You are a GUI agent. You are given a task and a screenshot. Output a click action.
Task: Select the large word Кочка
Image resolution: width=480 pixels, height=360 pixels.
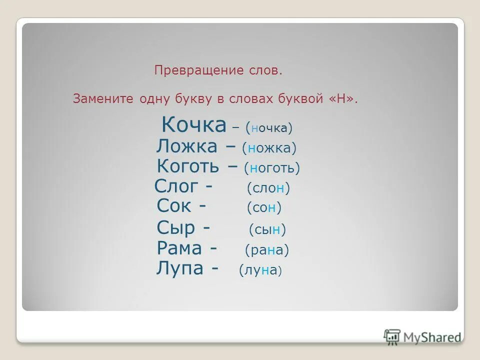[x=193, y=125]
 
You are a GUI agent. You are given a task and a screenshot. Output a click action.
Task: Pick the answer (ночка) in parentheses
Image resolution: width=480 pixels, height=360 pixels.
[x=269, y=128]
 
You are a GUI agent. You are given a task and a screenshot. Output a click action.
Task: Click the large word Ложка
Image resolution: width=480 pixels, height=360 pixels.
[x=186, y=146]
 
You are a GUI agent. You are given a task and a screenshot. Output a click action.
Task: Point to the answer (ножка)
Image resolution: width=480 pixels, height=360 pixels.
[x=269, y=148]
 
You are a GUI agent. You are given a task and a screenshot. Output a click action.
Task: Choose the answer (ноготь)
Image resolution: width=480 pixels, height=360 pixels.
[x=272, y=168]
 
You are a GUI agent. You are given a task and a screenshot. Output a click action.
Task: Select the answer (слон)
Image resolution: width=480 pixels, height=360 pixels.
[x=268, y=188]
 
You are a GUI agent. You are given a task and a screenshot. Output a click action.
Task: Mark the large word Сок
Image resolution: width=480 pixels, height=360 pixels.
[x=175, y=205]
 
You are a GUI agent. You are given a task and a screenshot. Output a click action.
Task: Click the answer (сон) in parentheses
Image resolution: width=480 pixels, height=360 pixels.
[x=264, y=207]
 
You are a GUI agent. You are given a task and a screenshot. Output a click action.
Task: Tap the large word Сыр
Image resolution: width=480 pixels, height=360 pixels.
[x=175, y=228]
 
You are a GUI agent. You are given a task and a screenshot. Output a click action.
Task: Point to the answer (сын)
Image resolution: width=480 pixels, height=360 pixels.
[x=267, y=230]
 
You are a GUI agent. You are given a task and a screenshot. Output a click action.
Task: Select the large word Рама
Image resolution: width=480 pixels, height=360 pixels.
[x=179, y=248]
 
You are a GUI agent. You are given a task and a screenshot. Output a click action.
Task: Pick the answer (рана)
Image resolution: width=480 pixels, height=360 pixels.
[x=267, y=250]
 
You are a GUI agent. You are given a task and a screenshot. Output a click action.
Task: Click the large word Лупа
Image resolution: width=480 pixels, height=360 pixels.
[x=179, y=268]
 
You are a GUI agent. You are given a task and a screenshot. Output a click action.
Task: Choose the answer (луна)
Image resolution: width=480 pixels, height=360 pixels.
[x=260, y=270]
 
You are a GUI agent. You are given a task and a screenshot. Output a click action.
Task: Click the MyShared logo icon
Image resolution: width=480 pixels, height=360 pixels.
[x=392, y=336]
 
